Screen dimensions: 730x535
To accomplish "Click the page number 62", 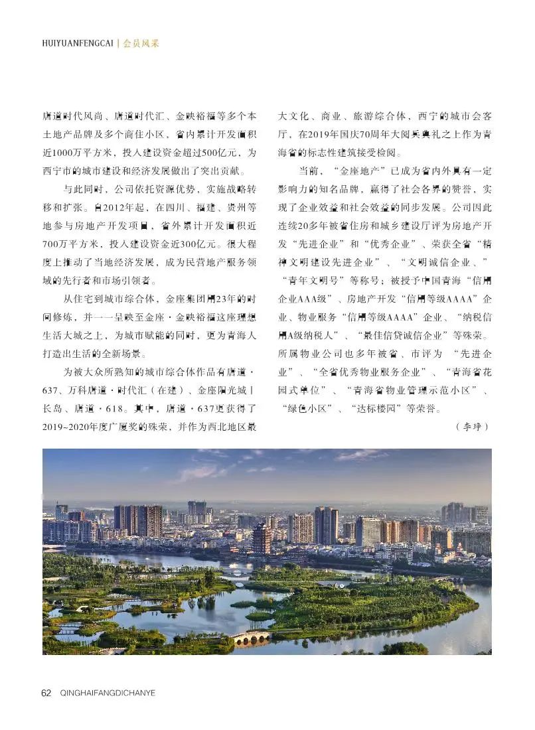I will (46, 693).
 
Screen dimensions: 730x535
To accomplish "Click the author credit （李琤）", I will (472, 426).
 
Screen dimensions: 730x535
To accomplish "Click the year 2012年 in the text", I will (109, 208).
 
